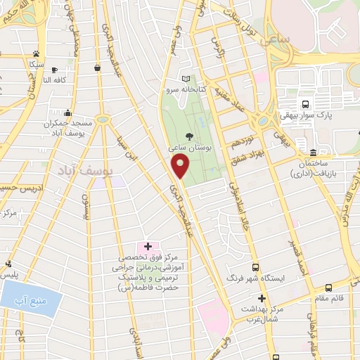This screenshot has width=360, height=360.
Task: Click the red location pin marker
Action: click(x=181, y=167)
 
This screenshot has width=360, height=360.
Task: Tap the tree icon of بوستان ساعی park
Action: click(x=188, y=136)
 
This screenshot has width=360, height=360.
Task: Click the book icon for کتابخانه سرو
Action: click(x=186, y=79)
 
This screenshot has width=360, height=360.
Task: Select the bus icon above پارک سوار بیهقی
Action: click(x=304, y=103)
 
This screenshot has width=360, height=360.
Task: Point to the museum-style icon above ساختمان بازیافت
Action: click(x=312, y=153)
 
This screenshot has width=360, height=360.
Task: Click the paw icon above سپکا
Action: click(x=35, y=53)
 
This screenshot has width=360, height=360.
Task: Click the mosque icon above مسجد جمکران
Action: click(x=67, y=112)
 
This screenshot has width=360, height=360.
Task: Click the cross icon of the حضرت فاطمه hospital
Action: click(x=148, y=246)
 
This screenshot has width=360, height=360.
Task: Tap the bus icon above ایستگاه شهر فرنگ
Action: click(x=255, y=267)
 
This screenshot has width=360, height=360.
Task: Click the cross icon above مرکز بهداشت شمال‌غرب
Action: click(x=261, y=297)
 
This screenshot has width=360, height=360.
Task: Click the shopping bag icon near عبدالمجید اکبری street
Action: click(x=96, y=67)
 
